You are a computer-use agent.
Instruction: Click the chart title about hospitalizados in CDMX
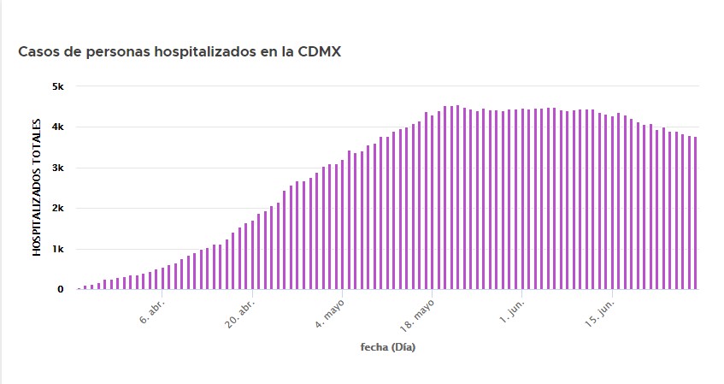pos(180,51)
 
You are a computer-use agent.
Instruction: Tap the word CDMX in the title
pos(319,51)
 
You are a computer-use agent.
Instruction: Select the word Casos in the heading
pos(38,51)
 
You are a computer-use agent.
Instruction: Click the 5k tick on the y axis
pos(57,86)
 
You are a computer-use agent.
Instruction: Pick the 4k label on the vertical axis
pos(57,127)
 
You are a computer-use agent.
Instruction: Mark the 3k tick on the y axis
pos(57,168)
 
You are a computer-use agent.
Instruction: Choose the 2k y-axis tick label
pos(57,208)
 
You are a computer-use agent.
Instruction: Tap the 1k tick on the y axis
pos(57,249)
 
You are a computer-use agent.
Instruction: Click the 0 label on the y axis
pos(60,289)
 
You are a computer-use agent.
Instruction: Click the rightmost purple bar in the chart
pos(696,214)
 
